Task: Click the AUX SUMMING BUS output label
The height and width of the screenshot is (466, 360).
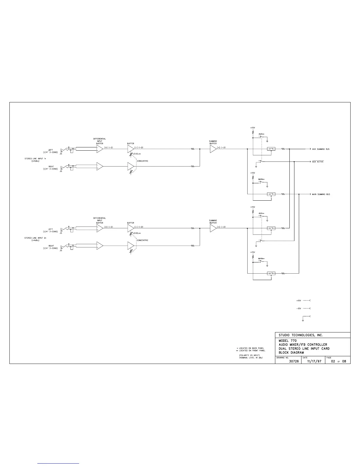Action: (x=321, y=149)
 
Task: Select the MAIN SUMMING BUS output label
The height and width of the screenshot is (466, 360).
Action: (x=321, y=194)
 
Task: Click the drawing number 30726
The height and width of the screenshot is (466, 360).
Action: (x=294, y=361)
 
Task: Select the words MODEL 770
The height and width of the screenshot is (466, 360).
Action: (x=288, y=341)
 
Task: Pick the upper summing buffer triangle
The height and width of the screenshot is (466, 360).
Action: (x=213, y=149)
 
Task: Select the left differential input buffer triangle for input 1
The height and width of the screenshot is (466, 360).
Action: (x=99, y=149)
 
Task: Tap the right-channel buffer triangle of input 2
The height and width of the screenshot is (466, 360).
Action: (x=130, y=245)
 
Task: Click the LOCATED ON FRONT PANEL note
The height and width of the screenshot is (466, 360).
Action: (x=252, y=351)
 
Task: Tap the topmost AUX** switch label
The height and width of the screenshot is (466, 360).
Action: (x=261, y=134)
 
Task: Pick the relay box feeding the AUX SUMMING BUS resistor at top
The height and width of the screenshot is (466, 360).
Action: (x=271, y=149)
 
